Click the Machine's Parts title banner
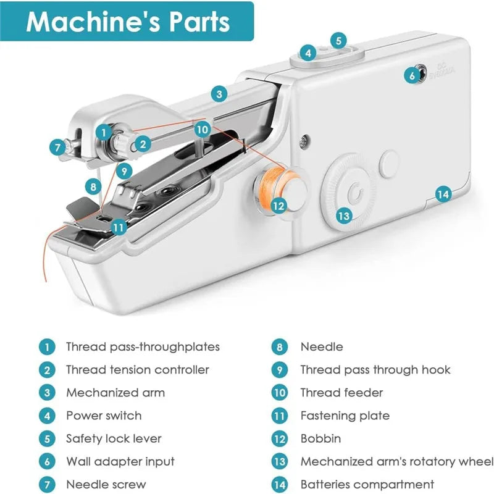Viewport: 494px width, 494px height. pyautogui.click(x=128, y=22)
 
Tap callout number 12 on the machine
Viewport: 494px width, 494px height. pyautogui.click(x=279, y=206)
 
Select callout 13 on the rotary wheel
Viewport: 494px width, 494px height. pyautogui.click(x=344, y=216)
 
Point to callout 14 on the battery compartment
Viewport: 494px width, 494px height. pyautogui.click(x=443, y=194)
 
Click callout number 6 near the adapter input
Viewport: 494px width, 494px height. pyautogui.click(x=412, y=75)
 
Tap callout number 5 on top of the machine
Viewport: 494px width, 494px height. pyautogui.click(x=338, y=40)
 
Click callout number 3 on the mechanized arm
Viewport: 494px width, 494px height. pyautogui.click(x=219, y=94)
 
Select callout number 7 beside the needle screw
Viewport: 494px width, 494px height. pyautogui.click(x=58, y=147)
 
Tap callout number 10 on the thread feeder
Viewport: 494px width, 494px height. pyautogui.click(x=203, y=129)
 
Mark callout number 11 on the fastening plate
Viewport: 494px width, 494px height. pyautogui.click(x=119, y=227)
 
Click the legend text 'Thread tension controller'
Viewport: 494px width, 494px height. pyautogui.click(x=138, y=370)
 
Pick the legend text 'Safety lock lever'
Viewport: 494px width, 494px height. pyautogui.click(x=114, y=438)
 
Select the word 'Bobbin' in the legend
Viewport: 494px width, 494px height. pyautogui.click(x=320, y=438)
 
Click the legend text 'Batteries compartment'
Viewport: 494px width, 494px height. pyautogui.click(x=367, y=484)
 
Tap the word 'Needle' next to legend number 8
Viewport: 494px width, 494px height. pyautogui.click(x=321, y=347)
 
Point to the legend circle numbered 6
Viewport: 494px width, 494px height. pyautogui.click(x=46, y=461)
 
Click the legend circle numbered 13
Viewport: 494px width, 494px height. pyautogui.click(x=280, y=461)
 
